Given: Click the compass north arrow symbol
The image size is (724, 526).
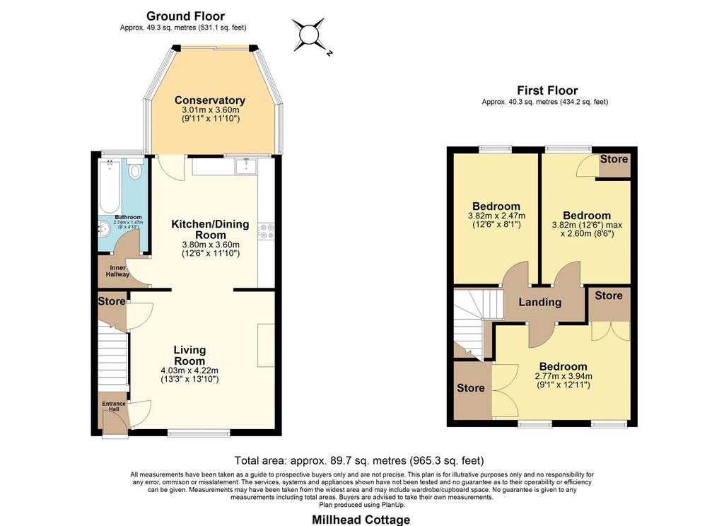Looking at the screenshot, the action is pos(308,35).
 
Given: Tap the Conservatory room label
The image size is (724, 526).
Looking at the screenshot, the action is pos(209,100).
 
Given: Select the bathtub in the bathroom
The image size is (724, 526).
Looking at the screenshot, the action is pos(110,186).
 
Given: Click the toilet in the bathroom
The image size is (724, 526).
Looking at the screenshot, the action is pos(135,170).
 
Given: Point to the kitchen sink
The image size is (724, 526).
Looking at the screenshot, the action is pos(246,166).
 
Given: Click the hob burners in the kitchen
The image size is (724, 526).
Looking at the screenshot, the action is pos(267,231).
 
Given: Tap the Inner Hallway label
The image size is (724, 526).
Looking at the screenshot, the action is pos(118,271).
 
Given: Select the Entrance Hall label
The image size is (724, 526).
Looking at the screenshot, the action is pos(114,407).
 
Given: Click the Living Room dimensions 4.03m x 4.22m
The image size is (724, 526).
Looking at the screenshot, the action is pos(189,370).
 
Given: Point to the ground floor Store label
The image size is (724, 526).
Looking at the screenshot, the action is pos(112,302).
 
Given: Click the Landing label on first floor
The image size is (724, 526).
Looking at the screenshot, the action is pos(539,303).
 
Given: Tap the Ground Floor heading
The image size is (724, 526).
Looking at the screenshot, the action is pos(186,16).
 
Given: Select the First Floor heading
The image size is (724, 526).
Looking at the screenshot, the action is pos(547,90).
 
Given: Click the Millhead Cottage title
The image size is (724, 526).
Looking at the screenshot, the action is pos(361,520).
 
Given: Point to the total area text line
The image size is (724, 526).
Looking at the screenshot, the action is pos(359,460).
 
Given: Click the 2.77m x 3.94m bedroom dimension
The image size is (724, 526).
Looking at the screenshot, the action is pos(564,376).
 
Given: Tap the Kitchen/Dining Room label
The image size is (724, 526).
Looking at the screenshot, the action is pos(210,230).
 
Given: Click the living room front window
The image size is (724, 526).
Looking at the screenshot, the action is pos(199,433).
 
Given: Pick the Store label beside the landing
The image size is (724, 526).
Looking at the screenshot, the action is pos(609,296).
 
